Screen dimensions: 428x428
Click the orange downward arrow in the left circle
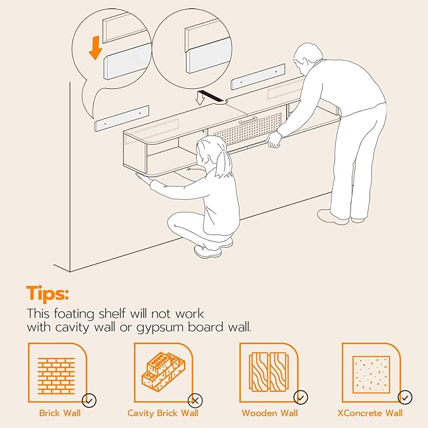click(95, 48)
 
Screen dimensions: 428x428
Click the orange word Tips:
click(47, 293)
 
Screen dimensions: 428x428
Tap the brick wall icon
click(56, 376)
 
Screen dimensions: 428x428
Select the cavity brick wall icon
click(163, 372)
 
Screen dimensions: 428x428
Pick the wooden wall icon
click(269, 372)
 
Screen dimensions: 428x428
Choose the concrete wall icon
click(371, 374)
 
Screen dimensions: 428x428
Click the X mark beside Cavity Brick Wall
click(195, 401)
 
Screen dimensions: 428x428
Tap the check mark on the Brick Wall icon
click(90, 400)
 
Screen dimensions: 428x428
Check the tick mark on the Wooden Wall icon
click(301, 398)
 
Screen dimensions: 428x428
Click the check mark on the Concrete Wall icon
click(405, 397)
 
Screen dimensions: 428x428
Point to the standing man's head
click(308, 58)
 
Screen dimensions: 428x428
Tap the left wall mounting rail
click(122, 119)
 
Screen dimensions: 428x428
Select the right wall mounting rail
click(258, 77)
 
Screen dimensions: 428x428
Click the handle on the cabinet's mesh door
click(248, 120)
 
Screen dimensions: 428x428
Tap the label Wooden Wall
click(269, 413)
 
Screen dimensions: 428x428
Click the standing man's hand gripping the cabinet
click(274, 140)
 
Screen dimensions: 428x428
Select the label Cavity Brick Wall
click(163, 413)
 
